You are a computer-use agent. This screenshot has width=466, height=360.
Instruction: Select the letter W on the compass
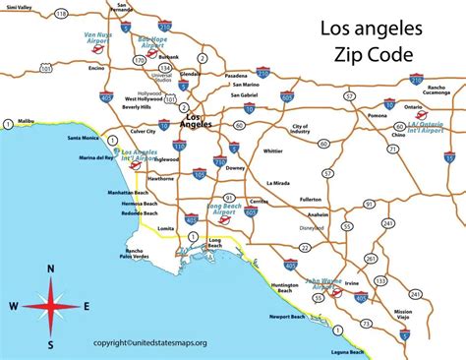click(x=11, y=306)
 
